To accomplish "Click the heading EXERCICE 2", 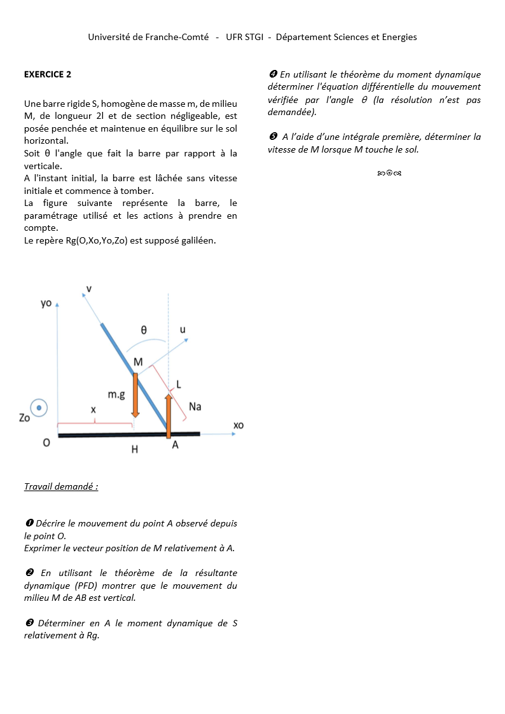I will coord(48,74).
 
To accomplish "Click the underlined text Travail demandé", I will coord(61,486).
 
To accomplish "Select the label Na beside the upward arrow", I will coord(195,406).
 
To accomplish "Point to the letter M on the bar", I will coord(138,362).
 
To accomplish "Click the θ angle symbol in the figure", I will coord(144,329).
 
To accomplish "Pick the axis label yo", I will coord(46,303).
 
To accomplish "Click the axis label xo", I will coord(239,425).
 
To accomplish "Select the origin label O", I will coord(46,443).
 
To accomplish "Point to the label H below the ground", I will coord(135,450).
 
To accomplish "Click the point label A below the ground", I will coord(176,445).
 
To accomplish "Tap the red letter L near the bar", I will coord(179,385).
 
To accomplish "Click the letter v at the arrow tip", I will coord(88,289).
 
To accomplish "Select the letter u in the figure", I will coord(183,329).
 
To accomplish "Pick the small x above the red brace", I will coord(93,410).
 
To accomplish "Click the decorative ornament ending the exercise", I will coord(388,172).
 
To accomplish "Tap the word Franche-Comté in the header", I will coord(177,37).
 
